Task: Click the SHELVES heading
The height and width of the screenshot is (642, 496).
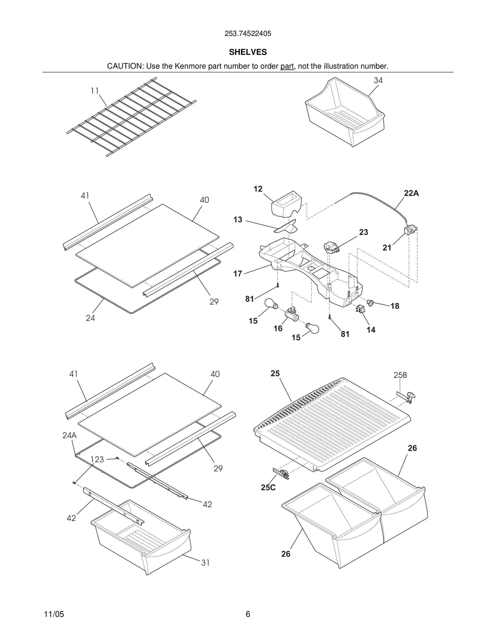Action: (248, 52)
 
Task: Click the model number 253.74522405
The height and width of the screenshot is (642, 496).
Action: (248, 34)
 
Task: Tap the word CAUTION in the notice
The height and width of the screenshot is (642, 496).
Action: (125, 66)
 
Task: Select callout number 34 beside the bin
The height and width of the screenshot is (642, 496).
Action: (378, 81)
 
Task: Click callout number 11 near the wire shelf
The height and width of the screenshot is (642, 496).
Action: (94, 91)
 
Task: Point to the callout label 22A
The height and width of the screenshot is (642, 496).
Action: (411, 193)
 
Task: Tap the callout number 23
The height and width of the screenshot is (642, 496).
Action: (363, 232)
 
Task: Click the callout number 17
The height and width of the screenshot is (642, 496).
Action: (237, 274)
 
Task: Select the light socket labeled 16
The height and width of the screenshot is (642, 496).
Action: (291, 314)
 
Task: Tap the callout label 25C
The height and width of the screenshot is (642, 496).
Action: (268, 487)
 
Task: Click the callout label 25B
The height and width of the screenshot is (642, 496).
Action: (400, 375)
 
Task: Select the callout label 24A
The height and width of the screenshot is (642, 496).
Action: (69, 435)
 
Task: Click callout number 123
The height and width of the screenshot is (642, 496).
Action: (97, 459)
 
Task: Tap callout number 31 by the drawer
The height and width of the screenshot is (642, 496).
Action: (205, 563)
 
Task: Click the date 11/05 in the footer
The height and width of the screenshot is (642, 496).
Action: (54, 614)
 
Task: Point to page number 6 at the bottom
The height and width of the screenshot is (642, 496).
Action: (248, 614)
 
